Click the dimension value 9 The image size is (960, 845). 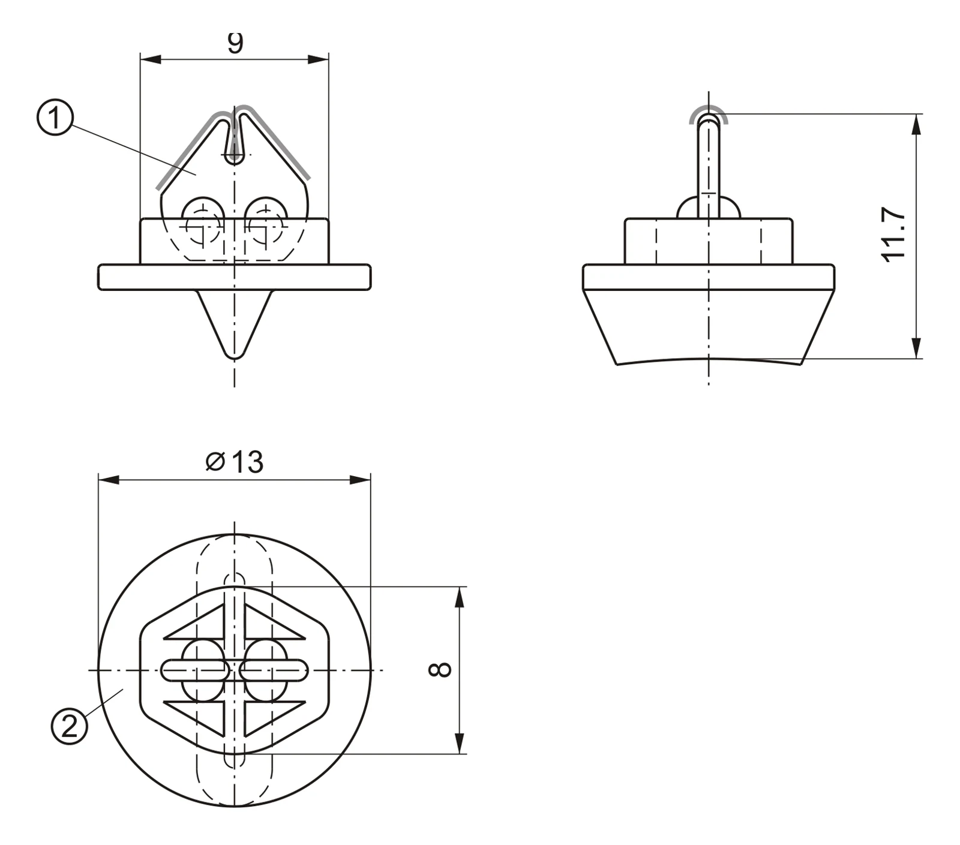pyautogui.click(x=236, y=43)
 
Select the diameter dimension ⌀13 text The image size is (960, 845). pyautogui.click(x=235, y=462)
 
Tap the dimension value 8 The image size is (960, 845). pyautogui.click(x=440, y=669)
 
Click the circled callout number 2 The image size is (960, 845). pyautogui.click(x=70, y=727)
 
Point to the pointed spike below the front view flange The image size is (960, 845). pyautogui.click(x=235, y=324)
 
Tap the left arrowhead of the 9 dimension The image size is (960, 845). pyautogui.click(x=151, y=59)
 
